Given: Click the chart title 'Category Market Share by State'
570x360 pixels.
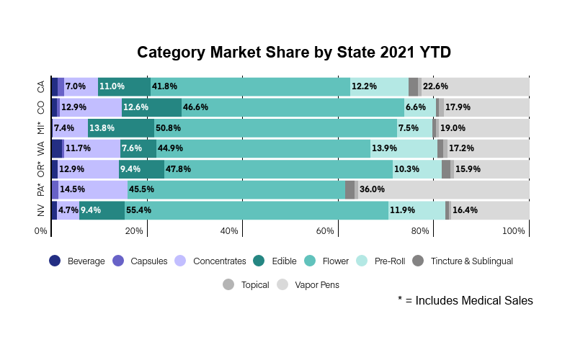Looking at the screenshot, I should click(x=294, y=53).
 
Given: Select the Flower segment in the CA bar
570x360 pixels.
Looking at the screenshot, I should click(x=250, y=86).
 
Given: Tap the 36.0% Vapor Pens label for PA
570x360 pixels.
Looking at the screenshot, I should click(x=372, y=190).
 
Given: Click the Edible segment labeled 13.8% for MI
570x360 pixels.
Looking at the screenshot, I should click(x=120, y=128).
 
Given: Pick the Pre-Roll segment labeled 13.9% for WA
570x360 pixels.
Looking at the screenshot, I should click(x=404, y=149).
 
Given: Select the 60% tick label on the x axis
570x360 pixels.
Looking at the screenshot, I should click(x=325, y=231).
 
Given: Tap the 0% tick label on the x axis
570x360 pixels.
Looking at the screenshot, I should click(x=41, y=231).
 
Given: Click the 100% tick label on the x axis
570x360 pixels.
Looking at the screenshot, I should click(x=514, y=231).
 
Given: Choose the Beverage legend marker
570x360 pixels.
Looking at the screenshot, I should click(x=55, y=261).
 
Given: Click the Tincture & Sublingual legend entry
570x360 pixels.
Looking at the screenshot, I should click(x=471, y=261).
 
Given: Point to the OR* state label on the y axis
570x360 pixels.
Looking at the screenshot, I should click(x=41, y=170).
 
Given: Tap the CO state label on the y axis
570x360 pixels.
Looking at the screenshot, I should click(x=41, y=107).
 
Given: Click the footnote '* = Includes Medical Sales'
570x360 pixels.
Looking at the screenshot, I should click(x=465, y=301).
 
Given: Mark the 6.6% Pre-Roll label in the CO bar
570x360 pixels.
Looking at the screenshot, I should click(x=415, y=107).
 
